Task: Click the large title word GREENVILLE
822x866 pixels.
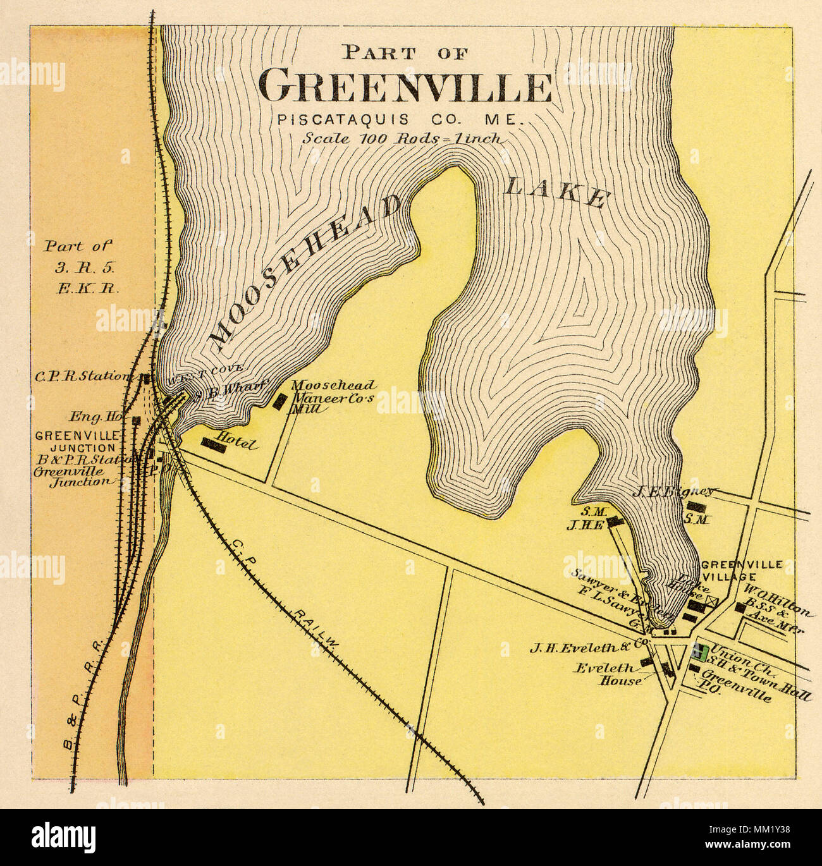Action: click(406, 88)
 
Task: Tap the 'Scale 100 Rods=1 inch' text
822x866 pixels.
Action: click(403, 138)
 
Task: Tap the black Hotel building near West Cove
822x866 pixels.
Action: click(214, 445)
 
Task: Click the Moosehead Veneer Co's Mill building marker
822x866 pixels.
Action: click(279, 401)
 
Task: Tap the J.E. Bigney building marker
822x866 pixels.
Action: click(696, 506)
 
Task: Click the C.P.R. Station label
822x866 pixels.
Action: click(82, 376)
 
